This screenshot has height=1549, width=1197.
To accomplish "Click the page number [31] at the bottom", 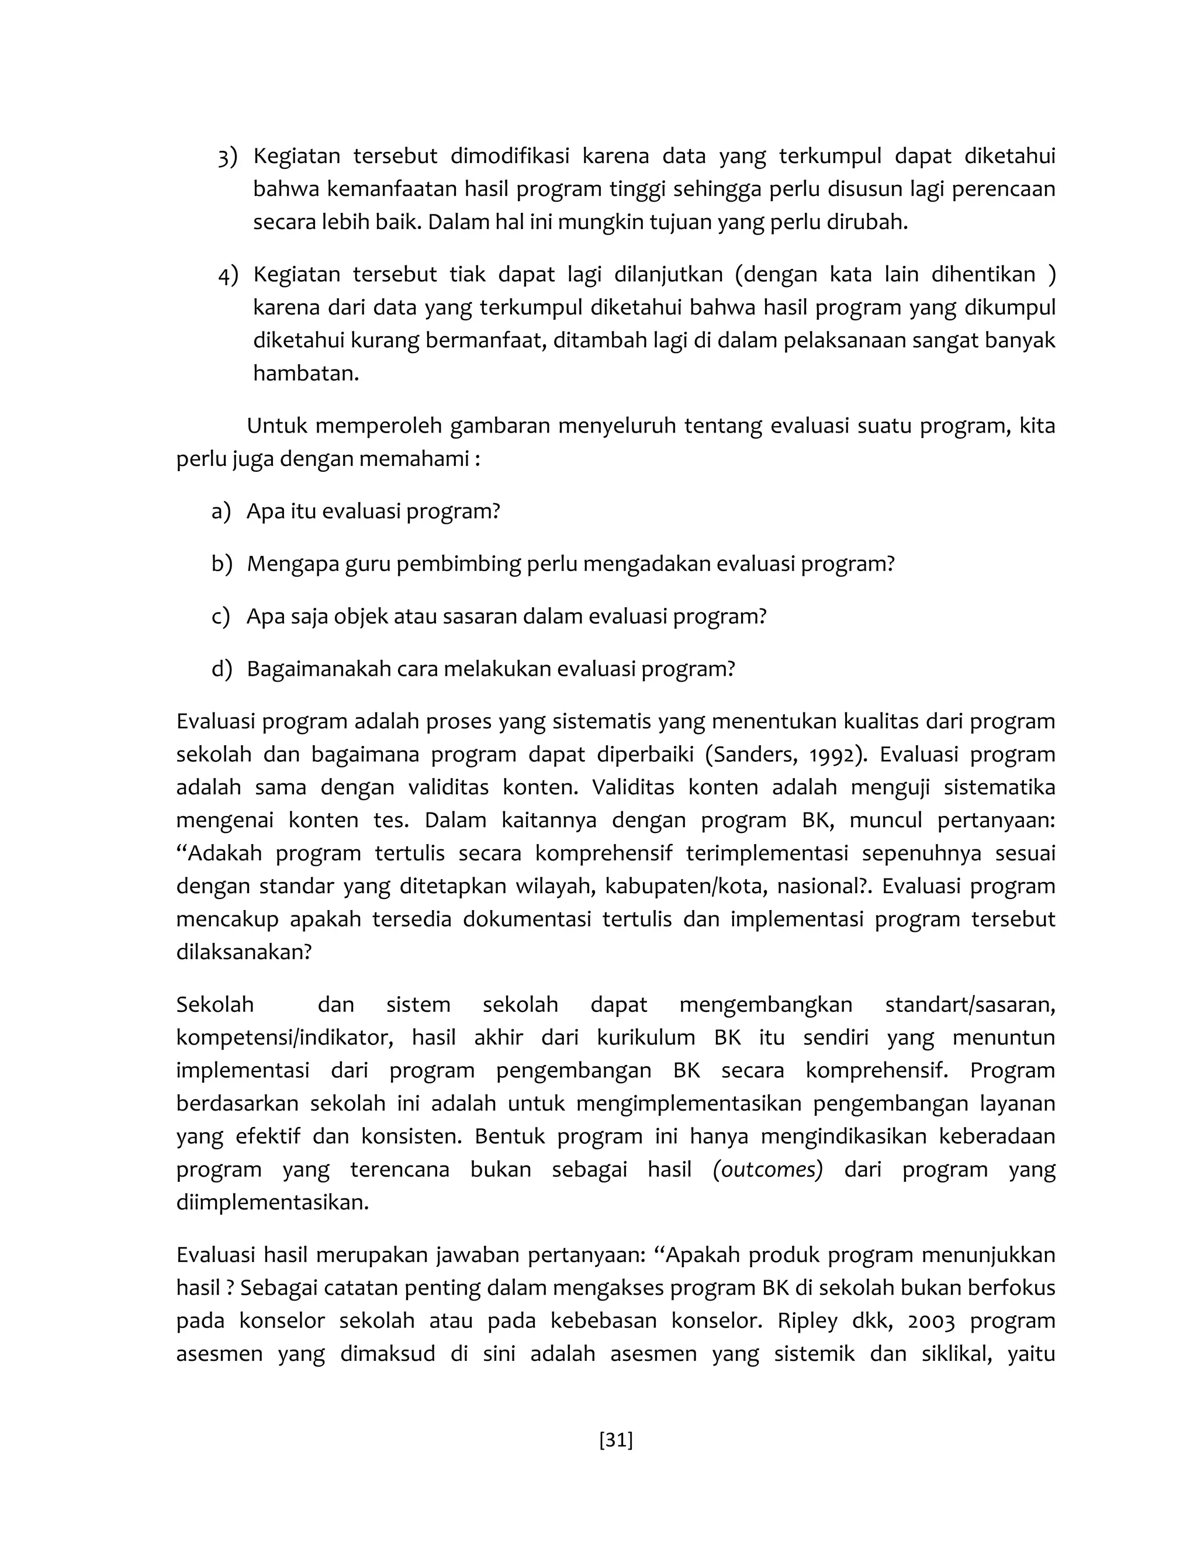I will pyautogui.click(x=615, y=1440).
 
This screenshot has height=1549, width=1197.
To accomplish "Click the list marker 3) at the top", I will pyautogui.click(x=227, y=157).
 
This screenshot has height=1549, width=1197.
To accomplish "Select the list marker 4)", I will pyautogui.click(x=227, y=275).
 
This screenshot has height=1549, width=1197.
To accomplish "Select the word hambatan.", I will pyautogui.click(x=306, y=374).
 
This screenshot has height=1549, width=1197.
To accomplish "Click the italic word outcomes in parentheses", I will pyautogui.click(x=767, y=1170).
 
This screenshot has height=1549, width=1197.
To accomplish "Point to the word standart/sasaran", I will pyautogui.click(x=970, y=1005).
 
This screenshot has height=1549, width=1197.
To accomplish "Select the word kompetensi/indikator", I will pyautogui.click(x=285, y=1038).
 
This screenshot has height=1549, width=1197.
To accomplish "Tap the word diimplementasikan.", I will pyautogui.click(x=272, y=1203).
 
